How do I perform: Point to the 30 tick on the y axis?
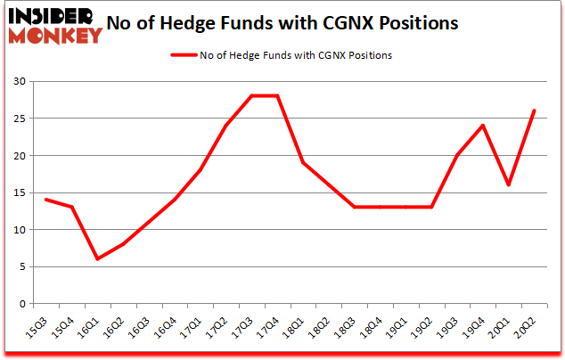[x=20, y=82]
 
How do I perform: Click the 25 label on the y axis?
[x=20, y=119]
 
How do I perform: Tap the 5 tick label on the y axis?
[x=22, y=266]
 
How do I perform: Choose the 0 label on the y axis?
[x=22, y=304]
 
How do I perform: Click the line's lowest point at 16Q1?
[x=97, y=259]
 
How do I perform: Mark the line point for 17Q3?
[x=252, y=96]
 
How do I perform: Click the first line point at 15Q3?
[x=45, y=200]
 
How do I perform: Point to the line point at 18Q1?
[x=304, y=163]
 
